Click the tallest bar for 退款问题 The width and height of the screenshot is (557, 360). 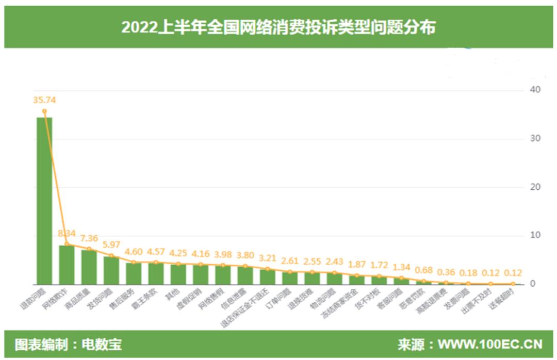(44, 201)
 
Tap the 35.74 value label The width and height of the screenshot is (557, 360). (44, 100)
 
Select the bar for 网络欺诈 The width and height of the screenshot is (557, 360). (67, 265)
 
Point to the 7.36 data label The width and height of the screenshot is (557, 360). (89, 238)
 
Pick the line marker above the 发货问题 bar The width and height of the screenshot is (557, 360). (111, 256)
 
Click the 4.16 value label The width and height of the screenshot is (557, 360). (201, 254)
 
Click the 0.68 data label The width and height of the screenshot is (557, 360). (424, 270)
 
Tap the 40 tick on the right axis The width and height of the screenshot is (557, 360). (535, 90)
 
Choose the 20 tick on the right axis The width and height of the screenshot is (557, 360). (535, 187)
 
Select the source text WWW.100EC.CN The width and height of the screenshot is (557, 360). (490, 344)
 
